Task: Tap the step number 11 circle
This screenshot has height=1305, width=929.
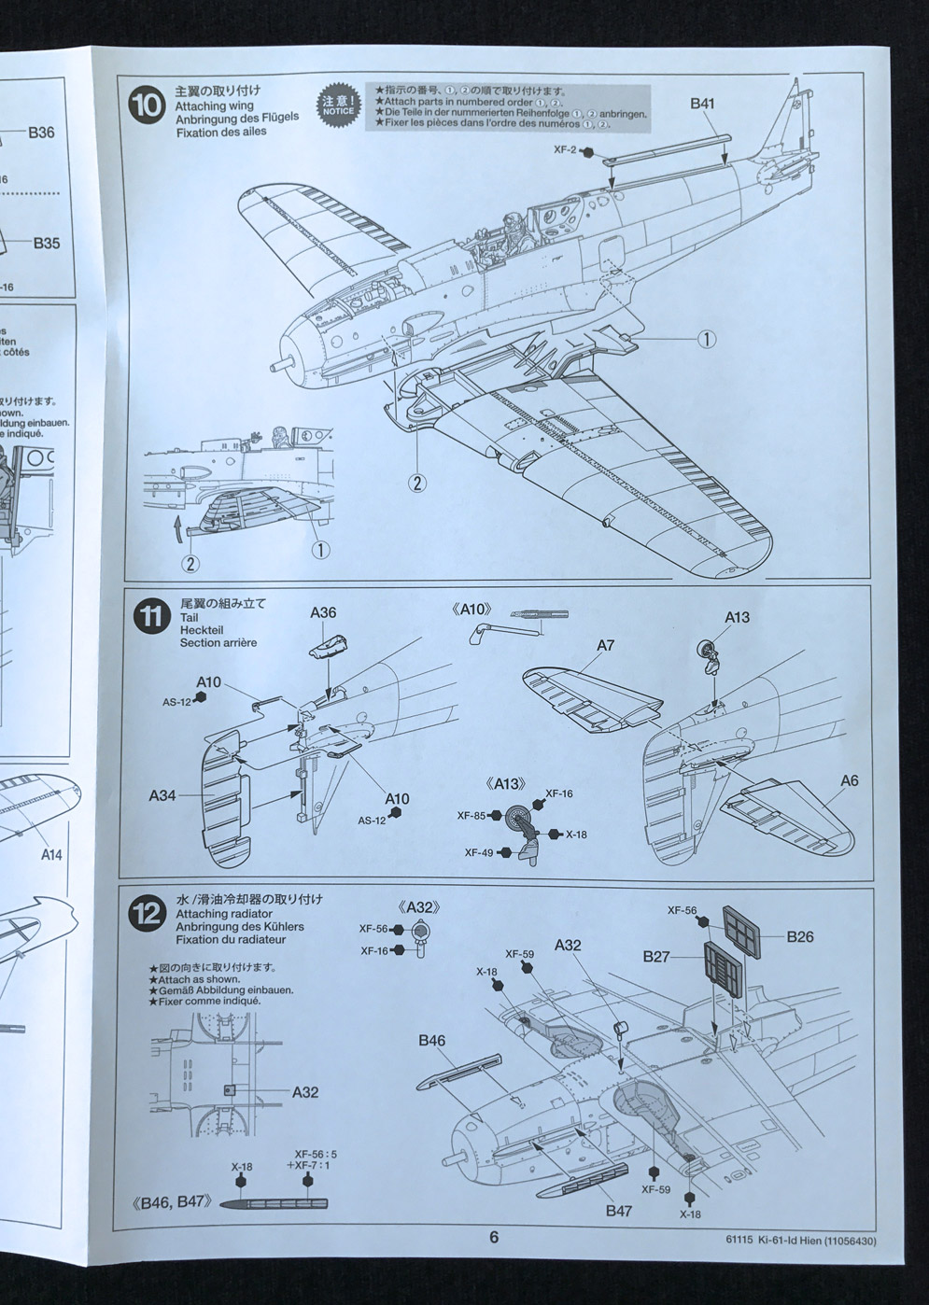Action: coord(149,620)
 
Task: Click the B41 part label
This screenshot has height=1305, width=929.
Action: coord(702,104)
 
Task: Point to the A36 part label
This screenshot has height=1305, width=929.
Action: coord(323,612)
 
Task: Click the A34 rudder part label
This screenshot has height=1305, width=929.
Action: coord(162,795)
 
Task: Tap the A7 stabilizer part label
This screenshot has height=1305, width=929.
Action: coord(606,645)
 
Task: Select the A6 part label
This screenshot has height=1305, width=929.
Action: coord(849,780)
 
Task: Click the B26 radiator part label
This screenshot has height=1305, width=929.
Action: coord(800,936)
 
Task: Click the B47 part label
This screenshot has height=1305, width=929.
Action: coord(618,1211)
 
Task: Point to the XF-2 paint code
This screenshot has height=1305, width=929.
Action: coord(565,149)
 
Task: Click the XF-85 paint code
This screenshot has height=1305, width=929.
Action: coord(471,815)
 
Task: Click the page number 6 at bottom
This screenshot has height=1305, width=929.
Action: coord(494,1237)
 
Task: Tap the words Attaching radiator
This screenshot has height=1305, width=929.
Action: coord(223,913)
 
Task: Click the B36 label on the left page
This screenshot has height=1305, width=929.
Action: coord(41,133)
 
